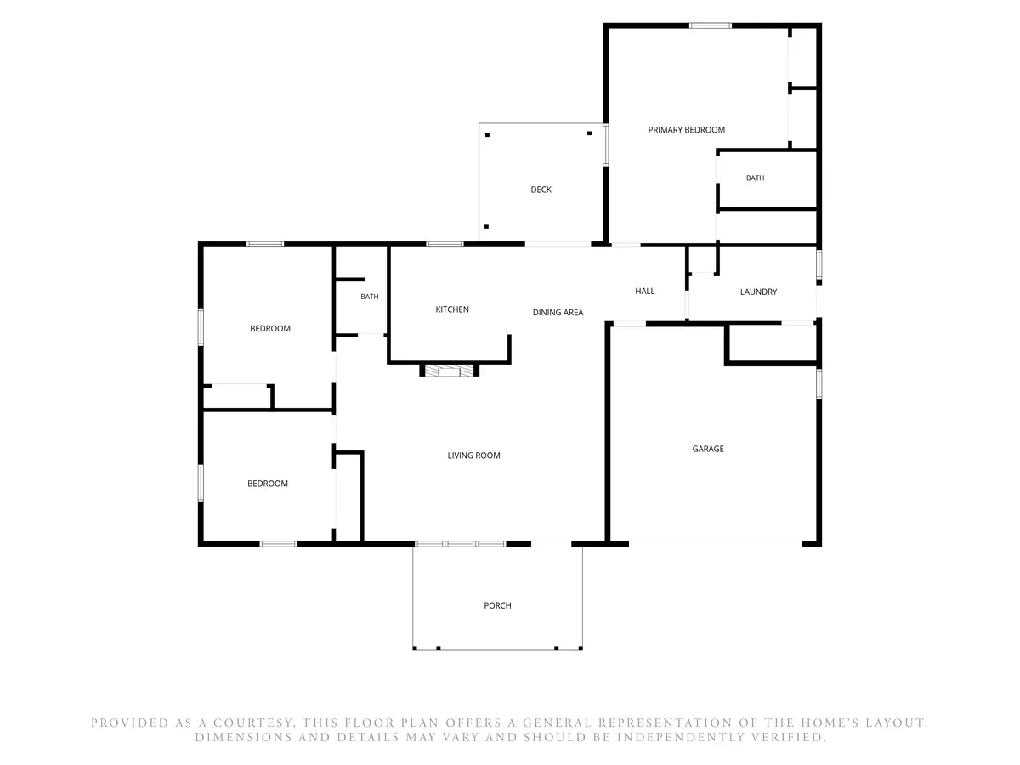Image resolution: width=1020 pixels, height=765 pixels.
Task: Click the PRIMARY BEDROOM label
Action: [x=686, y=130]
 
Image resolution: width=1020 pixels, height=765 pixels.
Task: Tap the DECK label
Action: [x=541, y=190]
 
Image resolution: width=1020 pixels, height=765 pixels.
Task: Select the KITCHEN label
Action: [x=451, y=309]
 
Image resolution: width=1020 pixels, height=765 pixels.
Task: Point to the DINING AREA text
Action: [x=558, y=313]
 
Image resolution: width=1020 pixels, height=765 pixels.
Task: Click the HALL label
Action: [x=644, y=292]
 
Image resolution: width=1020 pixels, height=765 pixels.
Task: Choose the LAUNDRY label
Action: [x=758, y=292]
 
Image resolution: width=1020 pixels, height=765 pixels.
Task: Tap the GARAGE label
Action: [x=708, y=449]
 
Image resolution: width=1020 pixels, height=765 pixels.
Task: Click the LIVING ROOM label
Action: [x=473, y=456]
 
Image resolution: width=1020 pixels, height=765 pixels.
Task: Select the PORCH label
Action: [x=497, y=606]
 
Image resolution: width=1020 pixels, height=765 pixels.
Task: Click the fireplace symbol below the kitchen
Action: [x=450, y=371]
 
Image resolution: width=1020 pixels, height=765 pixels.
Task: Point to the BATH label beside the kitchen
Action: [x=370, y=297]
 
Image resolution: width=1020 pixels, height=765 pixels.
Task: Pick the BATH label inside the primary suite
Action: [x=755, y=178]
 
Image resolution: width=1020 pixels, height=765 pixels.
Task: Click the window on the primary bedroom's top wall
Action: [x=710, y=25]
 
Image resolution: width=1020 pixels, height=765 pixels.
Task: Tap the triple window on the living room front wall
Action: [x=460, y=543]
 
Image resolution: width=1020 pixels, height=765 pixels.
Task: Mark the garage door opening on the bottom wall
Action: [x=715, y=543]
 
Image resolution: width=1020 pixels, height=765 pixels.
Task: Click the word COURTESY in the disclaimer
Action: [x=253, y=723]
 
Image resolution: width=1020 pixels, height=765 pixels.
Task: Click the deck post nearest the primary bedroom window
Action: [x=589, y=133]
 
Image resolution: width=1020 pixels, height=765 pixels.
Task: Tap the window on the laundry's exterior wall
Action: [x=819, y=264]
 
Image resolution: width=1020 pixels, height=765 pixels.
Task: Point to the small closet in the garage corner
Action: [x=772, y=343]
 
